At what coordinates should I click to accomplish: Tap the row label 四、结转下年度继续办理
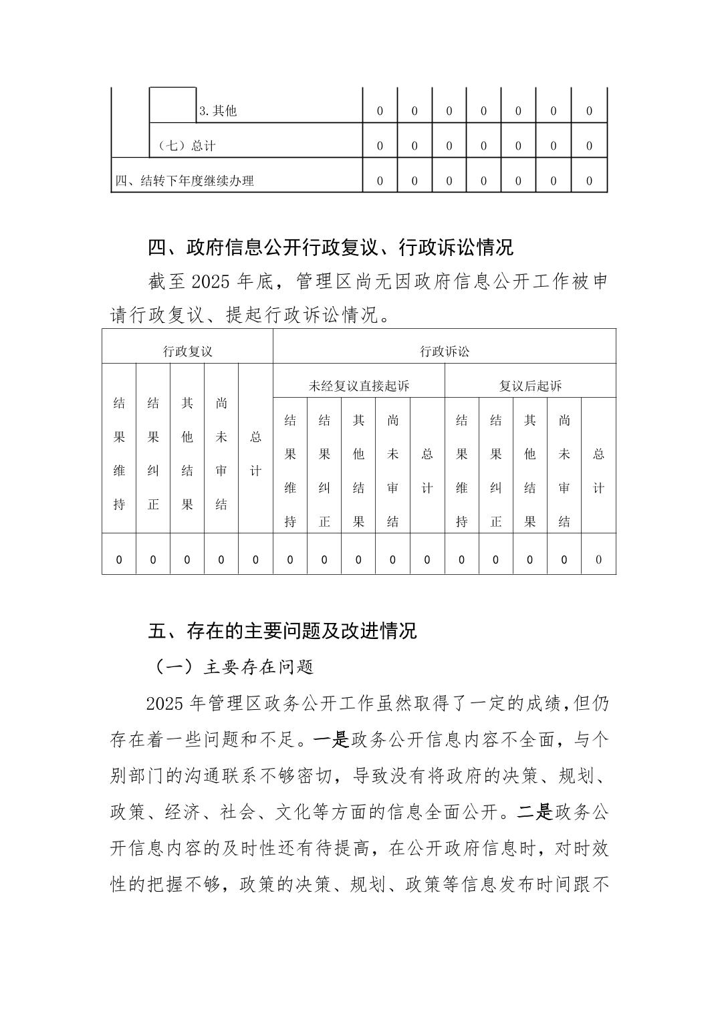185,180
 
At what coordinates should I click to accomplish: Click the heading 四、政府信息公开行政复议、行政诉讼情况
330,248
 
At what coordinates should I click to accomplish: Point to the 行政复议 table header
187,351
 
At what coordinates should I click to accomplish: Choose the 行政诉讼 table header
444,351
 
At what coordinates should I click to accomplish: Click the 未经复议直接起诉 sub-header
359,386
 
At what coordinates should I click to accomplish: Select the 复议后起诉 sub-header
530,386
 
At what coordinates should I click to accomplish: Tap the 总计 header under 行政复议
255,454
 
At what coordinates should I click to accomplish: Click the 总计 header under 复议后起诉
598,471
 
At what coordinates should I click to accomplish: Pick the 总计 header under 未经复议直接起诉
427,471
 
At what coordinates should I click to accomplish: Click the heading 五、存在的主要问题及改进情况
282,631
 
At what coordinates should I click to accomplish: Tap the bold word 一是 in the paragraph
332,740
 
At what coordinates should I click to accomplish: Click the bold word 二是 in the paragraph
534,812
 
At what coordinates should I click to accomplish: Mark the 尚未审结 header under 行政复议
221,454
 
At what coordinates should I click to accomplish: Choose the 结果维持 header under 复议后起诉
462,471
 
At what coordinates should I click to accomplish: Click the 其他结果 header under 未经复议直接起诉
359,471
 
